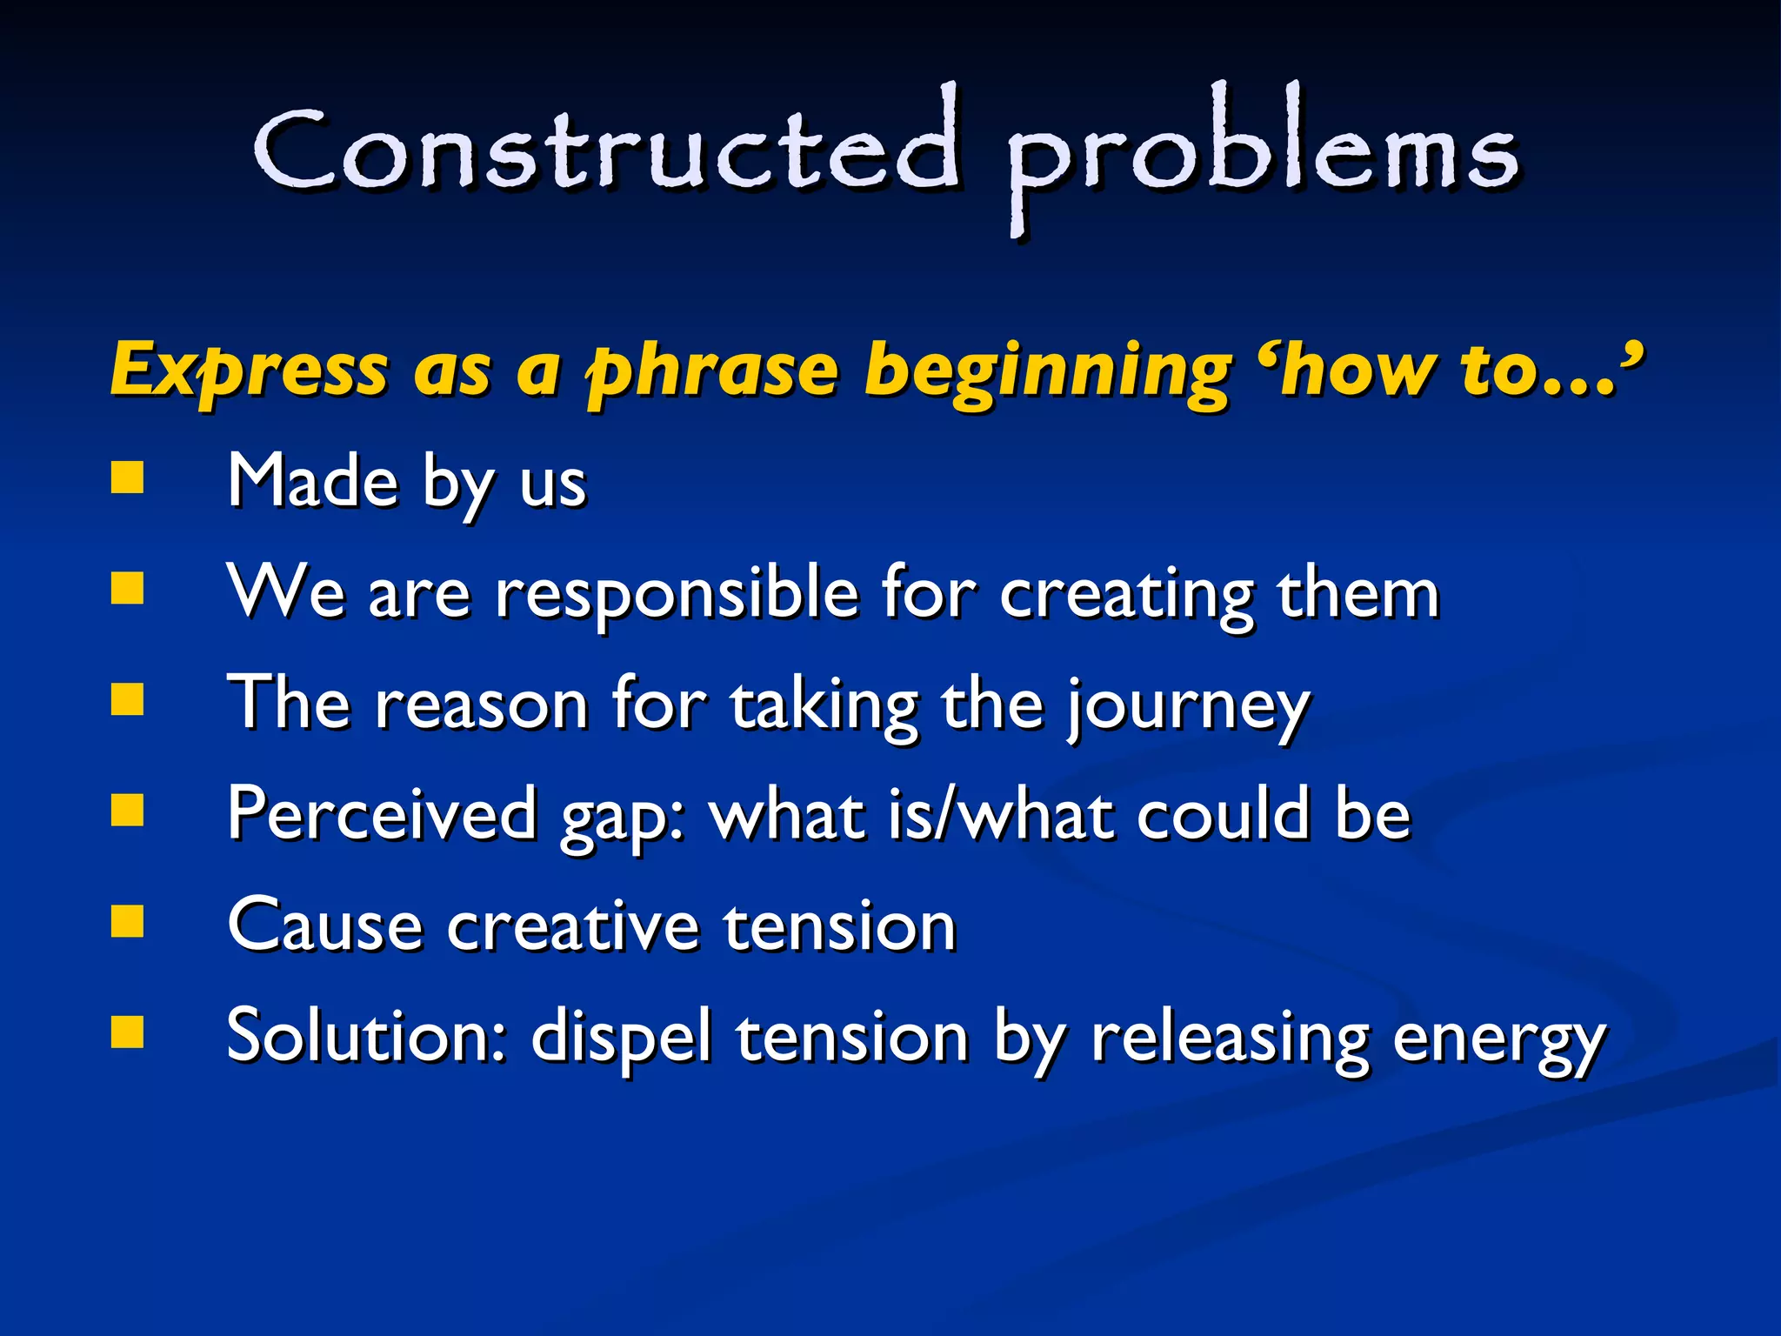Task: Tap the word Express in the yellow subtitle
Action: pyautogui.click(x=249, y=370)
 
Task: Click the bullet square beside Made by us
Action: pyautogui.click(x=128, y=477)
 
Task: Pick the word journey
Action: pyautogui.click(x=1188, y=705)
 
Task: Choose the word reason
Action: pyautogui.click(x=481, y=705)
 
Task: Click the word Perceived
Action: pyautogui.click(x=382, y=815)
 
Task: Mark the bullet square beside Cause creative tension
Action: pyautogui.click(x=128, y=921)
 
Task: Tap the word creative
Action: pyautogui.click(x=573, y=926)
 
